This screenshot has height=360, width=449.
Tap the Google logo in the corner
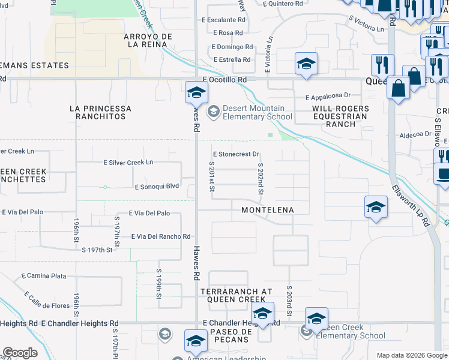[x=20, y=353]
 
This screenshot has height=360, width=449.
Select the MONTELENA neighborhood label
[x=267, y=210]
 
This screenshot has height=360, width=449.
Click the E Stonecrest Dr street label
[x=235, y=154]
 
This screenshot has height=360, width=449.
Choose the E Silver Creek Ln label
[x=128, y=163]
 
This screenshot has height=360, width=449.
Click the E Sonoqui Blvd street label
[x=157, y=187]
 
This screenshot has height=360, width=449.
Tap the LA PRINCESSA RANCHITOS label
[x=100, y=112]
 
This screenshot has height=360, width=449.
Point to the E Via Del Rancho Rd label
[x=160, y=237]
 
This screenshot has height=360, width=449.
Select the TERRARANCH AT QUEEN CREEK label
[x=232, y=295]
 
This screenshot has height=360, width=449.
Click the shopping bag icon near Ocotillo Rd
[x=399, y=89]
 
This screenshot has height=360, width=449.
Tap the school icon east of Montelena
[x=376, y=208]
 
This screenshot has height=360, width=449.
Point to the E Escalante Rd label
[x=224, y=20]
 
